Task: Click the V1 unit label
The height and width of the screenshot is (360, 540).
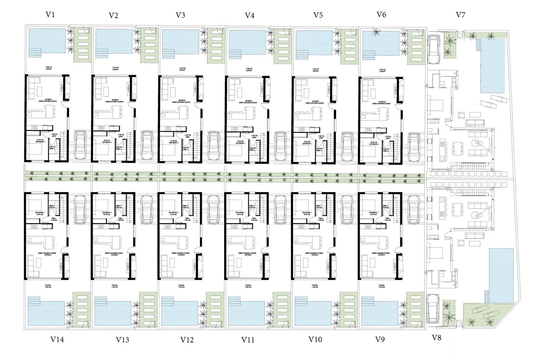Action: coord(50,15)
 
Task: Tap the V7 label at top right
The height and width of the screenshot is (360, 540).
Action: coord(460,15)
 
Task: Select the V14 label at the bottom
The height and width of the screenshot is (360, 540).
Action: coord(57,339)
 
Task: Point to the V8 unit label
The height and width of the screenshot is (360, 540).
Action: coord(436,338)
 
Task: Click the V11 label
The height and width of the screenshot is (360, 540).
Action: coord(248,340)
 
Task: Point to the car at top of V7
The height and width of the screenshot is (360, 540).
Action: coord(433,49)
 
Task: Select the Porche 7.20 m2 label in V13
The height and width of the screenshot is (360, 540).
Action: coord(114,286)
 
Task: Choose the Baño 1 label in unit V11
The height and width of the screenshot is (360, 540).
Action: coord(252,207)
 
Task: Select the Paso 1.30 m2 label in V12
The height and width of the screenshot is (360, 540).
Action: coord(187,219)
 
